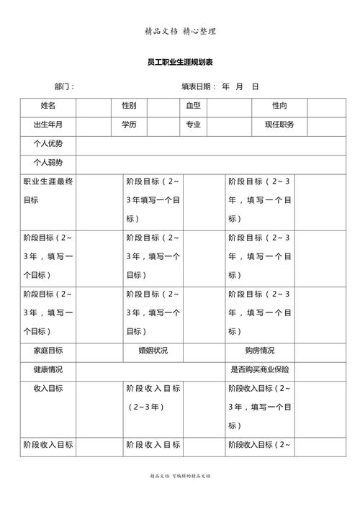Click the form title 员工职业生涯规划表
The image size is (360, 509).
180,63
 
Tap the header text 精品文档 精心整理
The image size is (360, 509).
180,31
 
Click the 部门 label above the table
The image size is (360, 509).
64,87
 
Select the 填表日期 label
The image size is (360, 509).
198,87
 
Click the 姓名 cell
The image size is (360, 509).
48,106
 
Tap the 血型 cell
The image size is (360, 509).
193,106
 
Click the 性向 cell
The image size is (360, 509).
279,106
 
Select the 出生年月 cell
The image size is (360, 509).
48,125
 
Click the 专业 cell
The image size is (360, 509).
193,125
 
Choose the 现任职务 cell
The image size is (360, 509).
279,125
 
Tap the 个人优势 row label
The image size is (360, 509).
48,144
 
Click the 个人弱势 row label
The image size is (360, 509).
48,163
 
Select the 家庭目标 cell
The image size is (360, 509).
48,351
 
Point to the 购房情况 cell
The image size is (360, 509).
259,351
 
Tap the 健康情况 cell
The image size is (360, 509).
48,369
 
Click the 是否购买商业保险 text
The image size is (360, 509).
259,369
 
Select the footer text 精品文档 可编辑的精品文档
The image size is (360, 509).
180,476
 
